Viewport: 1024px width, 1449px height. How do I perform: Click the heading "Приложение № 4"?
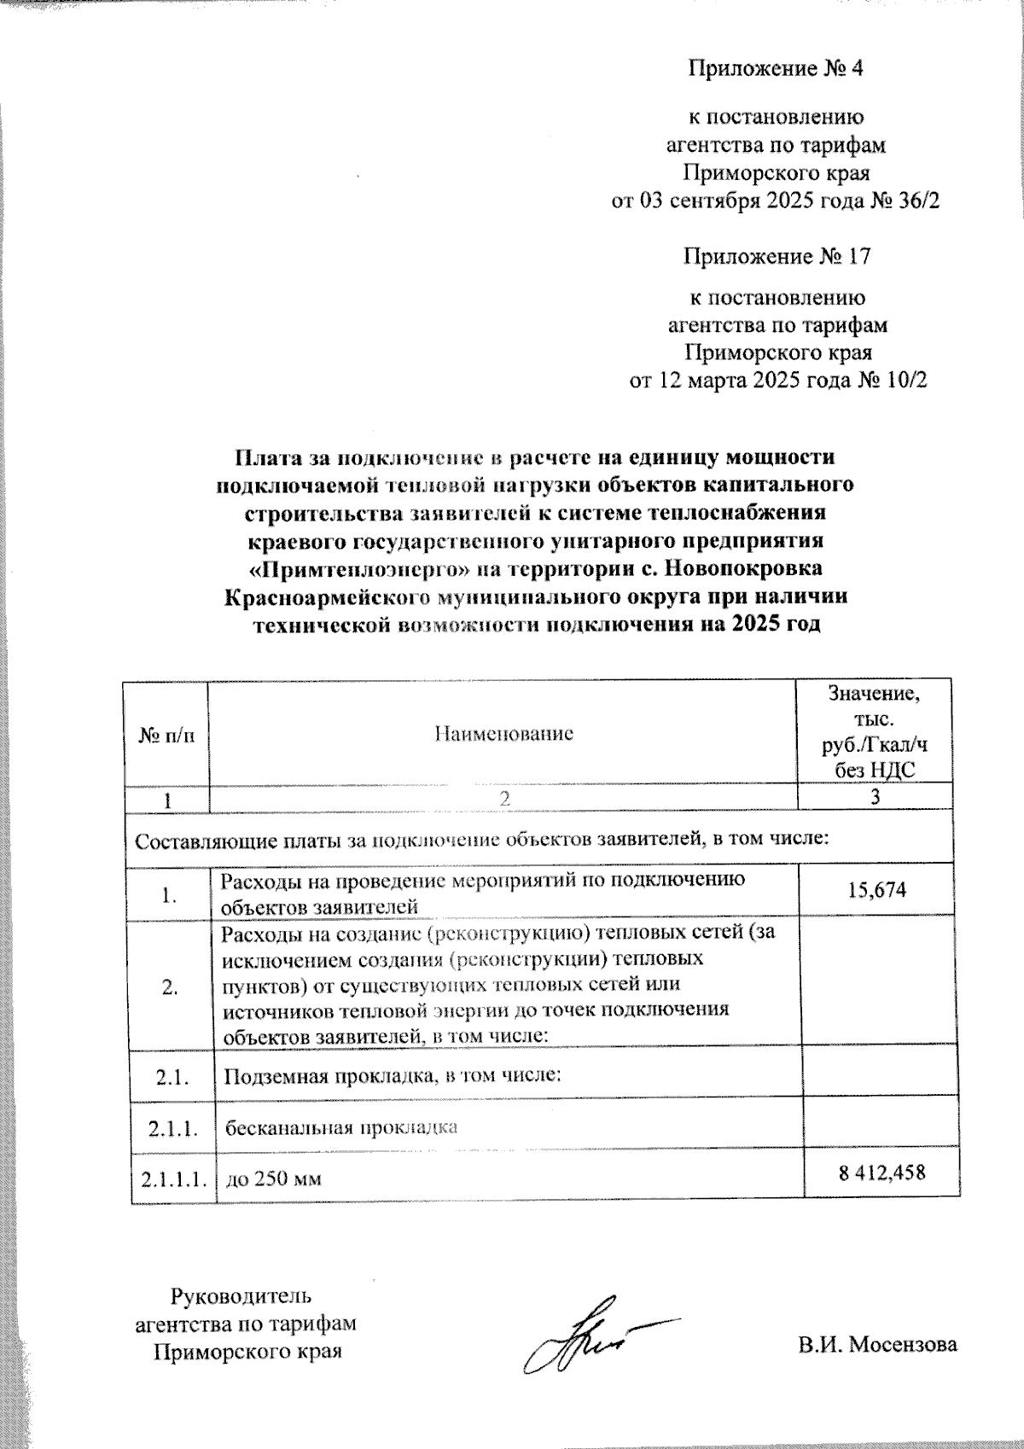click(776, 68)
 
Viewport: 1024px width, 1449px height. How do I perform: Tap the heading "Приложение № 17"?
click(777, 256)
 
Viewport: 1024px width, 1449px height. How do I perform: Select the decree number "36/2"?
click(910, 201)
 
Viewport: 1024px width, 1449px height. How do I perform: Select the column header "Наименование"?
click(503, 734)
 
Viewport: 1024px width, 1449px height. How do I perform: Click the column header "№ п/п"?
click(166, 734)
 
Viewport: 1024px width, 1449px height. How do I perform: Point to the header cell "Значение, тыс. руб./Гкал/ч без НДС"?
click(874, 731)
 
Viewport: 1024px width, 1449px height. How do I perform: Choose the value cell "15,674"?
click(877, 890)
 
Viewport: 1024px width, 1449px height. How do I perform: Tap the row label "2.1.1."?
click(173, 1129)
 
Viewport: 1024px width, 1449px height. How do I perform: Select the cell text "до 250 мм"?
click(273, 1180)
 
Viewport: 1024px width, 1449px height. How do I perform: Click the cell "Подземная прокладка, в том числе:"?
click(392, 1075)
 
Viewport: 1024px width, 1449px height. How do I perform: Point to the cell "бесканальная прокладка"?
click(341, 1127)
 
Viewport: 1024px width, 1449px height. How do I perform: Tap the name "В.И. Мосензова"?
click(878, 1345)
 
